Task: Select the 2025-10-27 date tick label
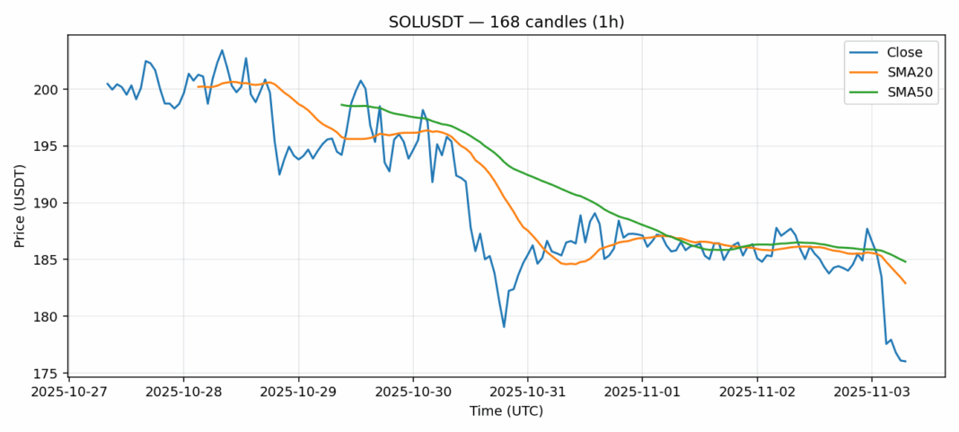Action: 68,392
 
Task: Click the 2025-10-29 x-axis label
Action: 298,392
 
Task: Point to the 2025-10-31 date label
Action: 527,392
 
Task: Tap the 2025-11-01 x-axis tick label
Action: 642,392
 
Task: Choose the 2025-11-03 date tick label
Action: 872,392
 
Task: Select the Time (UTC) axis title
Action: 506,411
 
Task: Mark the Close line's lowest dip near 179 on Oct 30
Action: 504,327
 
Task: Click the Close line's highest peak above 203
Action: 222,50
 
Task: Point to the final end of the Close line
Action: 905,361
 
